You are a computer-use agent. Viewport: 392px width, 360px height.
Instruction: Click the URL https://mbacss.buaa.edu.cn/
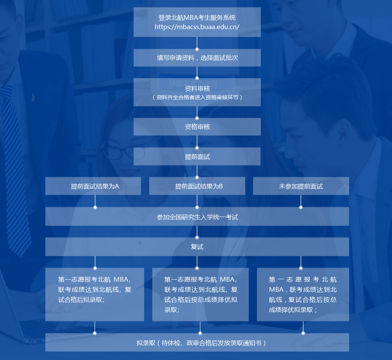pyautogui.click(x=197, y=27)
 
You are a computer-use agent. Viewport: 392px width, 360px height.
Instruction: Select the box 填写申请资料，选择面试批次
pyautogui.click(x=197, y=57)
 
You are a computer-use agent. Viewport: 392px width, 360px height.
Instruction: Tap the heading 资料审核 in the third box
pyautogui.click(x=197, y=89)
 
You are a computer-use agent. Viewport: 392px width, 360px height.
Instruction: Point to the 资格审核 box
pyautogui.click(x=197, y=127)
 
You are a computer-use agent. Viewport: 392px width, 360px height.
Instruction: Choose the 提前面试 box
pyautogui.click(x=197, y=157)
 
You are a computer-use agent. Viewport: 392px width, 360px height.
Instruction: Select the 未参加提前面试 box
pyautogui.click(x=301, y=186)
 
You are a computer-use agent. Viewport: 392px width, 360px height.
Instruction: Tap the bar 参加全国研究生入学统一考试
pyautogui.click(x=197, y=217)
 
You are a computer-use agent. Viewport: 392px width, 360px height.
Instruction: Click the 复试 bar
pyautogui.click(x=197, y=247)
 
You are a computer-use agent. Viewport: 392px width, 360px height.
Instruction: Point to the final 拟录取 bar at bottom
pyautogui.click(x=197, y=342)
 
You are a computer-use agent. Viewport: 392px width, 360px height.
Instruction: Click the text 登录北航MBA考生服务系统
pyautogui.click(x=197, y=18)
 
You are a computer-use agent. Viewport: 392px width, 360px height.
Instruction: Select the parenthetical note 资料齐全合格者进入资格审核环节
pyautogui.click(x=197, y=97)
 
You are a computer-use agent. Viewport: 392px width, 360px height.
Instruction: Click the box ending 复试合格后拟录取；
pyautogui.click(x=95, y=294)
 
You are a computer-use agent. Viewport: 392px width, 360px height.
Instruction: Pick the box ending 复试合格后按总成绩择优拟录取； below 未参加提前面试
pyautogui.click(x=303, y=294)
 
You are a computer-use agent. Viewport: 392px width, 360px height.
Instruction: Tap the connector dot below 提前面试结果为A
pyautogui.click(x=95, y=207)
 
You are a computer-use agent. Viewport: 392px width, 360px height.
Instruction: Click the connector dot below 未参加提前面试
pyautogui.click(x=301, y=207)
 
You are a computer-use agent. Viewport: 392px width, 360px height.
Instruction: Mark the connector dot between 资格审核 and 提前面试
pyautogui.click(x=197, y=147)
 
